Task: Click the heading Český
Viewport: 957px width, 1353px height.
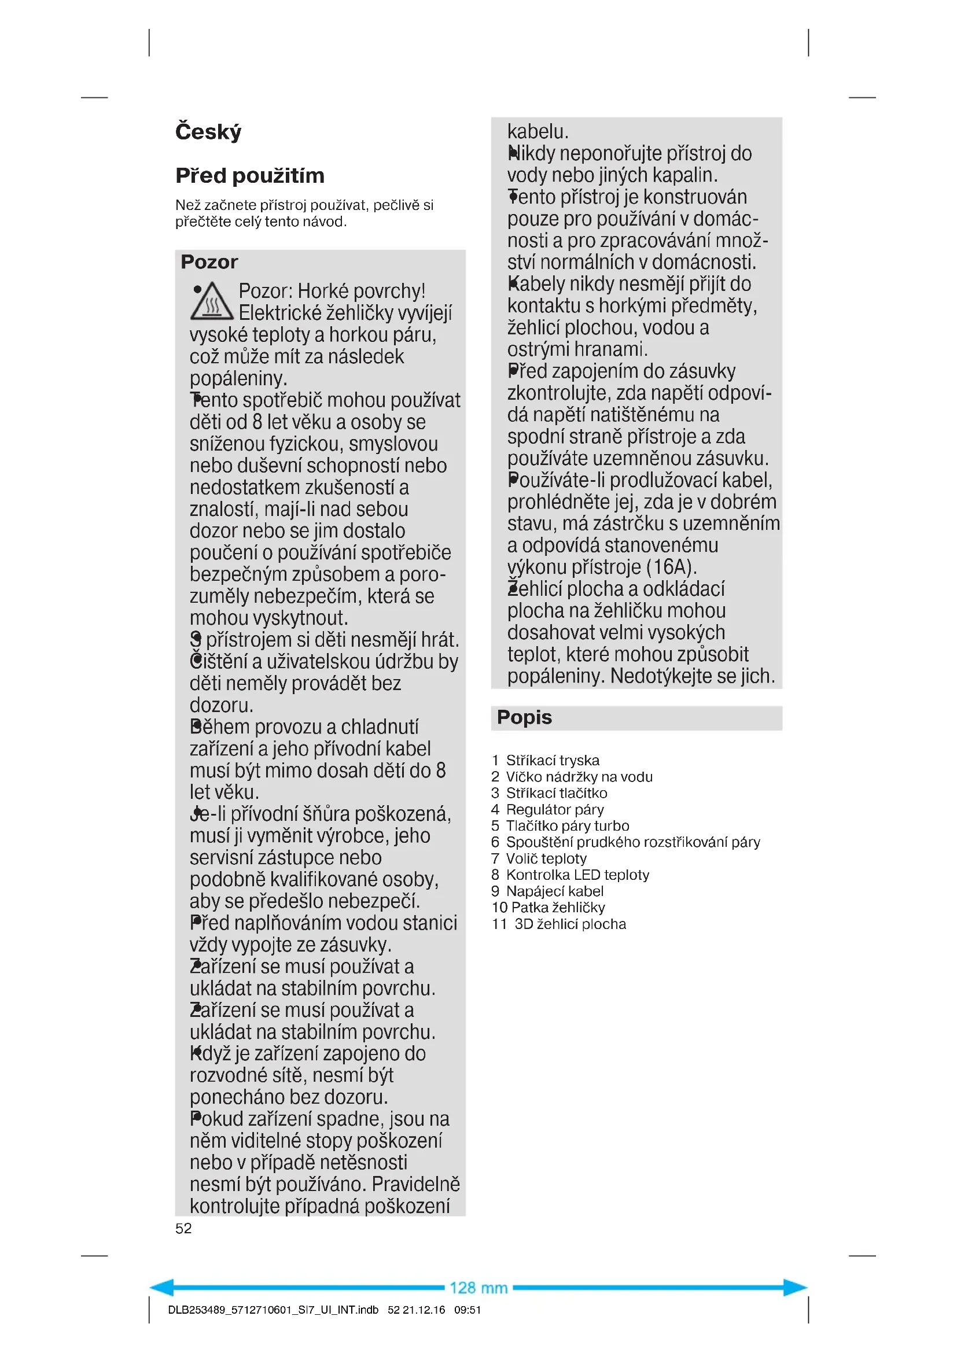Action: coord(208,131)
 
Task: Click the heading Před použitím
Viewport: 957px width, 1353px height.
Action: coord(250,176)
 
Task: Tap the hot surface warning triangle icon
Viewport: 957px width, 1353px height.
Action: coord(212,302)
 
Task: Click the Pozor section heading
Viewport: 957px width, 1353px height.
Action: coord(209,261)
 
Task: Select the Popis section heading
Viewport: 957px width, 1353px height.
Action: coord(524,717)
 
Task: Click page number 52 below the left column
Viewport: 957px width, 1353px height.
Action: coord(183,1228)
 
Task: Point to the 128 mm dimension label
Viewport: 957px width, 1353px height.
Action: coord(478,1288)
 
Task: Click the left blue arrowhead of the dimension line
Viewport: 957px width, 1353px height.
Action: coord(162,1288)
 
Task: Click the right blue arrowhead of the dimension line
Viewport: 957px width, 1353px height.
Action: coord(795,1288)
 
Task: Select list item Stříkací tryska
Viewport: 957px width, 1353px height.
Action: coord(552,760)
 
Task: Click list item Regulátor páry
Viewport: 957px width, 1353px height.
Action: coord(554,809)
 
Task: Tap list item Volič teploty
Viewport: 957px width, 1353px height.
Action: coord(546,858)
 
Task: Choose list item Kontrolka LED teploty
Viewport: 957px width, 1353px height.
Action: coord(577,875)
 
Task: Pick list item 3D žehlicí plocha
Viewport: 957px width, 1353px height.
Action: coord(569,924)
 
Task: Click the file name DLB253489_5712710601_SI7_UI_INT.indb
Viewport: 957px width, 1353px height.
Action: coord(273,1310)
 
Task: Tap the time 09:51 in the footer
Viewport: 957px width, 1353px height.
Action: coord(468,1310)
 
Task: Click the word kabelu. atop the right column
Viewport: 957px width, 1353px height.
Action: coord(538,131)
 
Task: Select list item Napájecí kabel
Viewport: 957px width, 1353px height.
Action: coord(554,891)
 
